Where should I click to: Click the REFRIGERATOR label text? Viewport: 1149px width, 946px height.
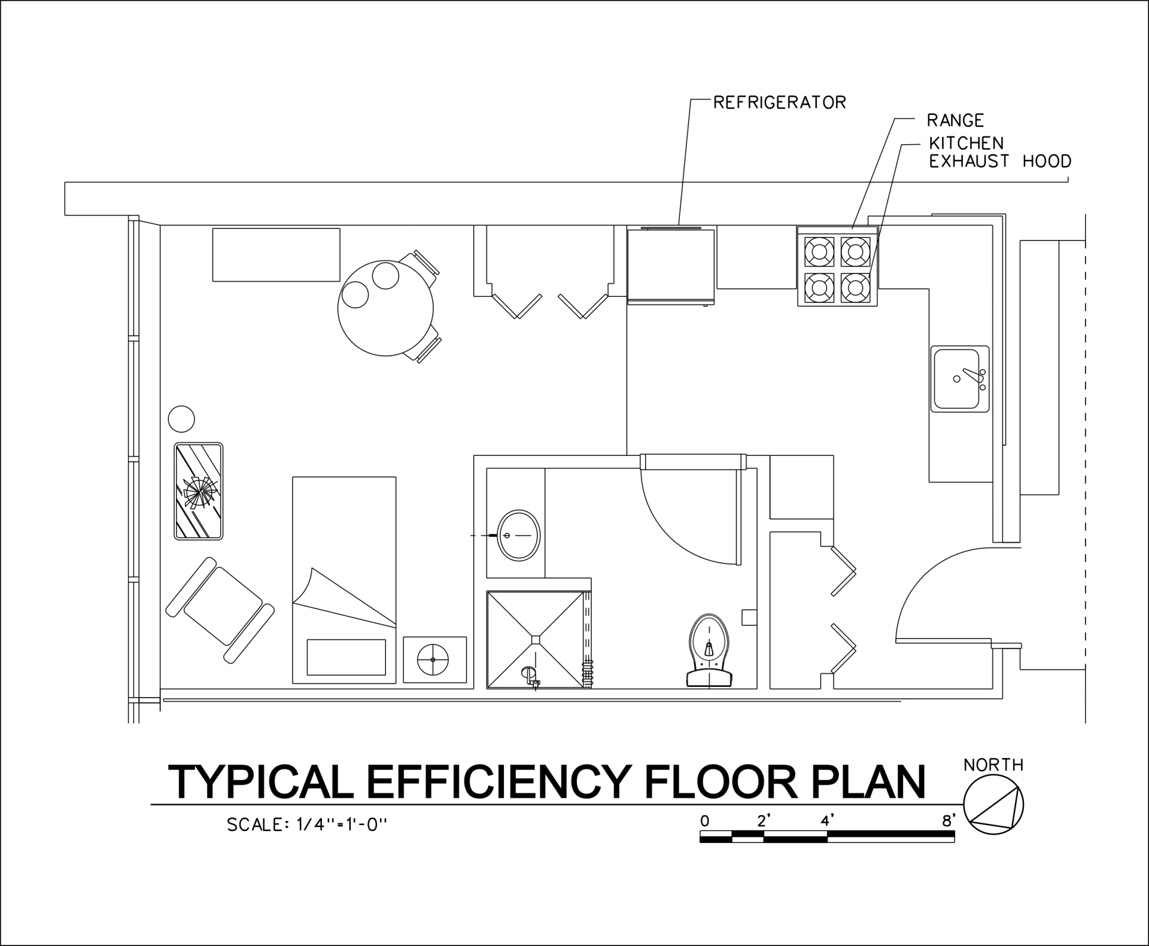[x=779, y=102]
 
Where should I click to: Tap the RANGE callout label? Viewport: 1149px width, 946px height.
[x=955, y=121]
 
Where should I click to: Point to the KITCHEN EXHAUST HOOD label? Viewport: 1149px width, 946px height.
[x=999, y=152]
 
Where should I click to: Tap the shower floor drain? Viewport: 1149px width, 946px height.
[x=536, y=639]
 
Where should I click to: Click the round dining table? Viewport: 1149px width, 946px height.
[x=385, y=309]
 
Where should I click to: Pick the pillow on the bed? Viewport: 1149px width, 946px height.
[x=346, y=656]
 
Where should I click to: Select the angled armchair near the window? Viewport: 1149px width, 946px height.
[x=220, y=610]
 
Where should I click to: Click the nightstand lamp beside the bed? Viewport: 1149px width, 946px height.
[x=434, y=659]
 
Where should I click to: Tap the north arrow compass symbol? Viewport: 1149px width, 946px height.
[x=993, y=805]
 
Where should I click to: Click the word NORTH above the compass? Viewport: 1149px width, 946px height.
[x=993, y=765]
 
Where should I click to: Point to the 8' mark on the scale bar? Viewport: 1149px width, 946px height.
[x=948, y=822]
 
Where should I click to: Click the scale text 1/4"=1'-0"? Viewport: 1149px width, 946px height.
[x=342, y=825]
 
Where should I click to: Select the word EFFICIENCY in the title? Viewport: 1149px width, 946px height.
[x=497, y=782]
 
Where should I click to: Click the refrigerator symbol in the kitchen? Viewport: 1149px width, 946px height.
[x=671, y=264]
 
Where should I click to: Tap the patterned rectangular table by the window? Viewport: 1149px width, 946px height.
[x=199, y=491]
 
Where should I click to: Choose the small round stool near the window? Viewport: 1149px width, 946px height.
[x=181, y=419]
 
